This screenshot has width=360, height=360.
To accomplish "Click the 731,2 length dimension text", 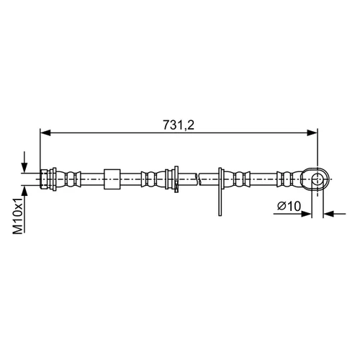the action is pos(179,125).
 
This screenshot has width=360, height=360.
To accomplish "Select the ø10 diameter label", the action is pos(289,206).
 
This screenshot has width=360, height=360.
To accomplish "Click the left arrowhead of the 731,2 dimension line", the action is pos(45,132).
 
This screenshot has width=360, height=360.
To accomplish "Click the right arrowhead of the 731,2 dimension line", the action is pos(312,132).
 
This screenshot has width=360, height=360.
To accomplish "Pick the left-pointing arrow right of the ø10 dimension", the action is pos(335,213).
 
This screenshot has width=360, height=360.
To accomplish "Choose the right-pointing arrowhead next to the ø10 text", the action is pos(306,213).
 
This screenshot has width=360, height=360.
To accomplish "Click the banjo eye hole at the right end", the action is pos(318,179).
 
